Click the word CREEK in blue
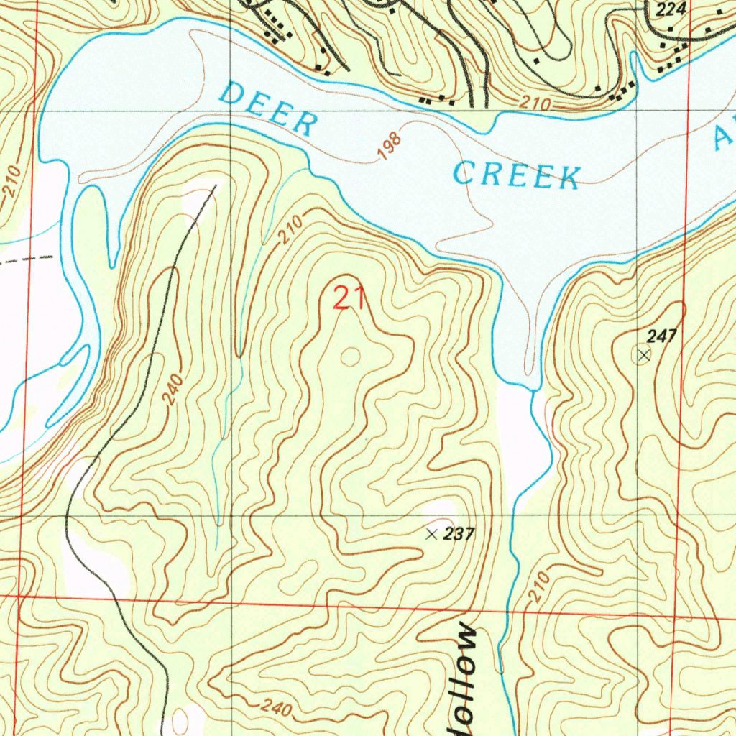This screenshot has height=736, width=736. (517, 175)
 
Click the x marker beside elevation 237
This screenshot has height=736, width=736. (431, 534)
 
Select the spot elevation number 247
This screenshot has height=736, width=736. (661, 336)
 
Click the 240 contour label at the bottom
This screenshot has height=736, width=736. (276, 708)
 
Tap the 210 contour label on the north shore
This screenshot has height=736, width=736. (535, 105)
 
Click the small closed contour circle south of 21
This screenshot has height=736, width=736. (351, 356)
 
